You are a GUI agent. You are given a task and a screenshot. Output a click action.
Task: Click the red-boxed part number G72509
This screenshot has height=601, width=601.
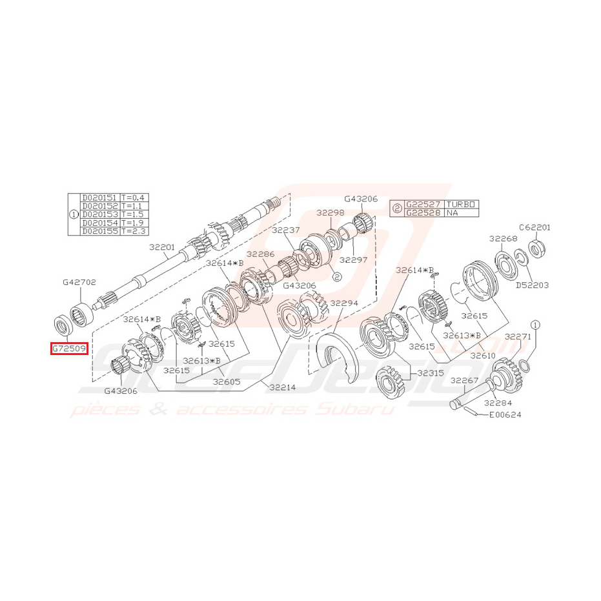(69, 349)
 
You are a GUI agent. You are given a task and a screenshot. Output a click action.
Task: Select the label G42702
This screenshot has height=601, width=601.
(79, 282)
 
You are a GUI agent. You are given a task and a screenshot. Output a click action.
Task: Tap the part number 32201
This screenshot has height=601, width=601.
(162, 247)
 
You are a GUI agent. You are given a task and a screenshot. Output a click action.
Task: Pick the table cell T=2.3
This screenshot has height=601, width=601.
(133, 230)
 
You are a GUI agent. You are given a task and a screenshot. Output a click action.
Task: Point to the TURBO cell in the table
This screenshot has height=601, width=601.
(461, 204)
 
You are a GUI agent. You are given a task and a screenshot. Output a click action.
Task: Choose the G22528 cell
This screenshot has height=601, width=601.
(424, 212)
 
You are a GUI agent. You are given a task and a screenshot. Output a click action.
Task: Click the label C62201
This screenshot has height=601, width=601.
(535, 227)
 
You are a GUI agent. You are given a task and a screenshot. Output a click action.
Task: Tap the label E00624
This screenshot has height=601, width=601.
(505, 415)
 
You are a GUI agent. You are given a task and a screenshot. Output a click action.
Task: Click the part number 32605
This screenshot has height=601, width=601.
(227, 382)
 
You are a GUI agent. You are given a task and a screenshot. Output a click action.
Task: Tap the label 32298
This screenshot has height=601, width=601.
(331, 212)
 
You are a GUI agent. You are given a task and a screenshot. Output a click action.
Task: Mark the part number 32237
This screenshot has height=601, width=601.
(285, 230)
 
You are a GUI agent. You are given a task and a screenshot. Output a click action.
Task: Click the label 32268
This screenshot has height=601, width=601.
(503, 239)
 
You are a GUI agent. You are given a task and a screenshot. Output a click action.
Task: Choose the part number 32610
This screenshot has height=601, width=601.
(483, 355)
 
